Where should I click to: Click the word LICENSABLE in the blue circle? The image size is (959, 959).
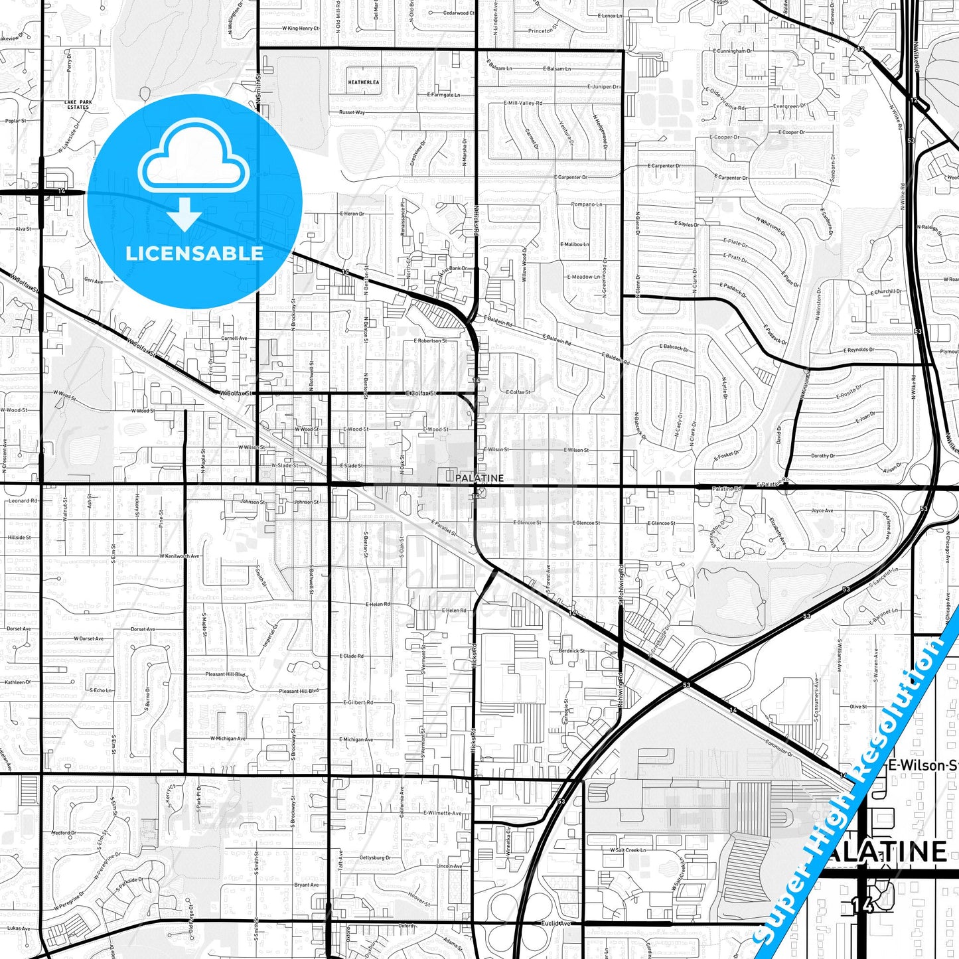pos(194,254)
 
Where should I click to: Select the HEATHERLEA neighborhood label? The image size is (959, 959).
pos(363,82)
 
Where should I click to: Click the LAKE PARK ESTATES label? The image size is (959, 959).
pos(78,105)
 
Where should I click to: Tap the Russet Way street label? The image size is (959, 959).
pos(352,113)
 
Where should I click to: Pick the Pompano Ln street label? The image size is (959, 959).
pos(586,204)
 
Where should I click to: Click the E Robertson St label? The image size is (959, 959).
pos(430,340)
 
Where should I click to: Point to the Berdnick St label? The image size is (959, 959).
pos(571,651)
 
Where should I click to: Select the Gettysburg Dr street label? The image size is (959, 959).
pos(375,857)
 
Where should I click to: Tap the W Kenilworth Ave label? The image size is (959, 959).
pos(179,555)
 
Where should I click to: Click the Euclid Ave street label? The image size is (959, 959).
pos(555,923)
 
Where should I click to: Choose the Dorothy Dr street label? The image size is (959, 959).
pos(823,456)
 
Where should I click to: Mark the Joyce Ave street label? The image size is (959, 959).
pos(822,510)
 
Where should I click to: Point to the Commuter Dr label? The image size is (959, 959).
pos(778,748)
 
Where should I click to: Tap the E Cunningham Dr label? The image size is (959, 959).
pos(733,50)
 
